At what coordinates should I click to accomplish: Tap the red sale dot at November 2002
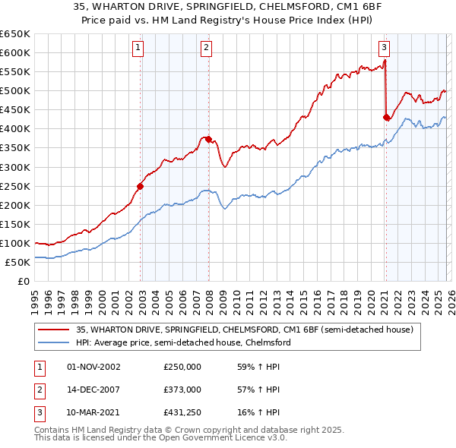coord(141,185)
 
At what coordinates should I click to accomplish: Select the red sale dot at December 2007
coord(208,139)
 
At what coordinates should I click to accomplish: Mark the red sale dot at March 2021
coord(386,117)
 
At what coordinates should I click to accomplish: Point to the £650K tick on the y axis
coord(15,34)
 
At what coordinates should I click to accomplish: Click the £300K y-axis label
coord(15,167)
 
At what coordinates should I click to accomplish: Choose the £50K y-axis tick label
coord(18,262)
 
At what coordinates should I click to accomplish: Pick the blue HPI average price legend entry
coord(182,342)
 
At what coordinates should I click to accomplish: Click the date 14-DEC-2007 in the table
coord(94,390)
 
